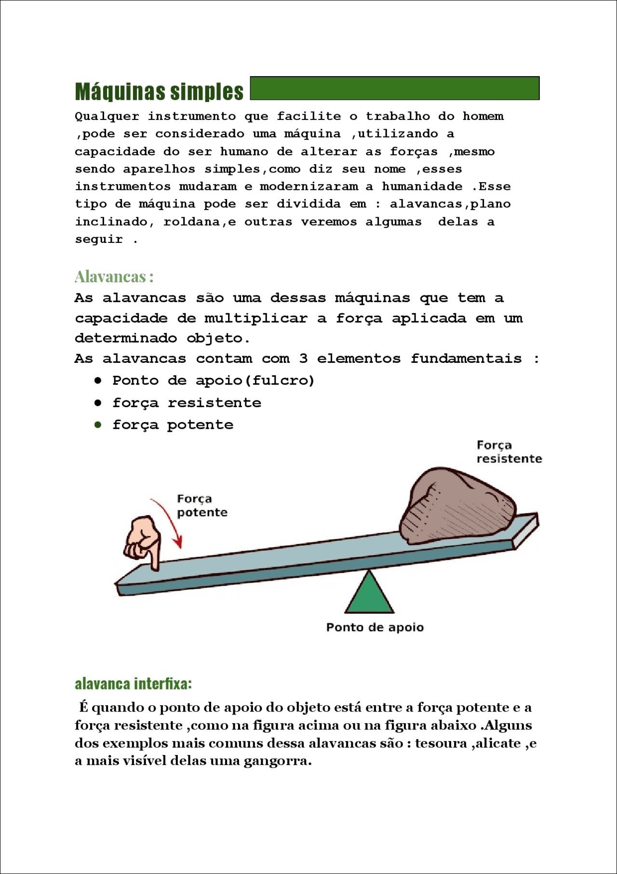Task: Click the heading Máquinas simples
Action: pyautogui.click(x=159, y=91)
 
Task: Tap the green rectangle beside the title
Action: pyautogui.click(x=394, y=88)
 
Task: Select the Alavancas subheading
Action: pyautogui.click(x=114, y=277)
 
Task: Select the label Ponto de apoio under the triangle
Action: pyautogui.click(x=375, y=627)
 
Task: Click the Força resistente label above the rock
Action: pyautogui.click(x=509, y=452)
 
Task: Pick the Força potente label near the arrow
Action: pyautogui.click(x=201, y=505)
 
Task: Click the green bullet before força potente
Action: pyautogui.click(x=98, y=425)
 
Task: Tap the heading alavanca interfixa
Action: pyautogui.click(x=133, y=684)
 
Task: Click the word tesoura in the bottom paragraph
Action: pyautogui.click(x=441, y=743)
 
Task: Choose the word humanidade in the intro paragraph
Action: pyautogui.click(x=422, y=186)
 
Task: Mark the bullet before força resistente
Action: pyautogui.click(x=98, y=403)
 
